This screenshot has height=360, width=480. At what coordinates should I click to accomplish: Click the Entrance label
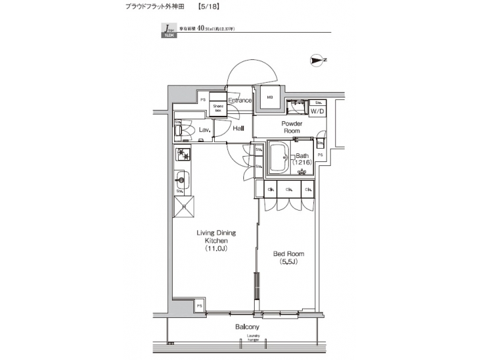point(239,101)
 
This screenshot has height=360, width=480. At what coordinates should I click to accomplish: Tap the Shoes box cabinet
point(218,107)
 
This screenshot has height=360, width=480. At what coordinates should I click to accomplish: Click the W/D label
point(317,111)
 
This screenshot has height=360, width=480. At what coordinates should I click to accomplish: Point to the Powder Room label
point(291,127)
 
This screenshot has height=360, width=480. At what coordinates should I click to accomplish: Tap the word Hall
point(238,128)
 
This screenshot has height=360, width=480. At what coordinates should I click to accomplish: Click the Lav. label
point(205,129)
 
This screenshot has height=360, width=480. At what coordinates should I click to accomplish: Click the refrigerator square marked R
point(185,207)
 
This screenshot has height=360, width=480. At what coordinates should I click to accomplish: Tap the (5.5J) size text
point(288,262)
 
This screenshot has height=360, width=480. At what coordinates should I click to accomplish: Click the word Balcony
point(247,327)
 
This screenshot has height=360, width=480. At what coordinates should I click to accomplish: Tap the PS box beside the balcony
point(199,305)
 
